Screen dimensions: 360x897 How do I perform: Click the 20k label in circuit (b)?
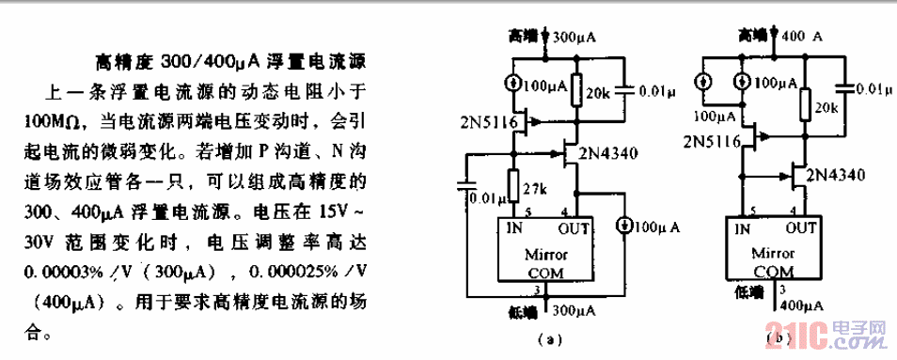(827, 109)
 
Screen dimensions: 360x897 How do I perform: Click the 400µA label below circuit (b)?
(802, 305)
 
